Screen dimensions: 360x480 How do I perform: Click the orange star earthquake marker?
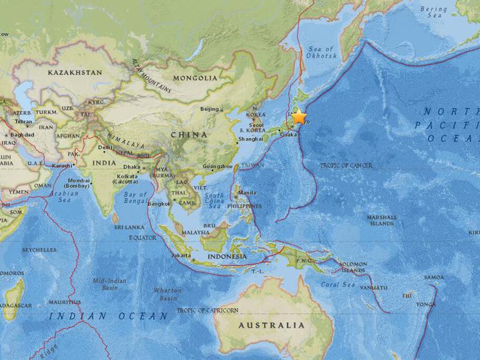[299, 116]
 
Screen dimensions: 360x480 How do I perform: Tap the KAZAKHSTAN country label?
[75, 73]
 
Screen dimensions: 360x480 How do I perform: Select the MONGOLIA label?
[196, 78]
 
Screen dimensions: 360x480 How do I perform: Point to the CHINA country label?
[188, 134]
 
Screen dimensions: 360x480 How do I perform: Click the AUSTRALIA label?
[272, 325]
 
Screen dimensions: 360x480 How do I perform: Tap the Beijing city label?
[209, 109]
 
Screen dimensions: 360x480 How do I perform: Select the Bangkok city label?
[160, 204]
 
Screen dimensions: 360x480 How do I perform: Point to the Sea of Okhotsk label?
[322, 52]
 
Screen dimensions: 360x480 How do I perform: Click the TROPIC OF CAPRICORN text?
[208, 310]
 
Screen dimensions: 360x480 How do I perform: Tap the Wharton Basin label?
[168, 294]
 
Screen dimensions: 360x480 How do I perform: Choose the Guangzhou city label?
[217, 166]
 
